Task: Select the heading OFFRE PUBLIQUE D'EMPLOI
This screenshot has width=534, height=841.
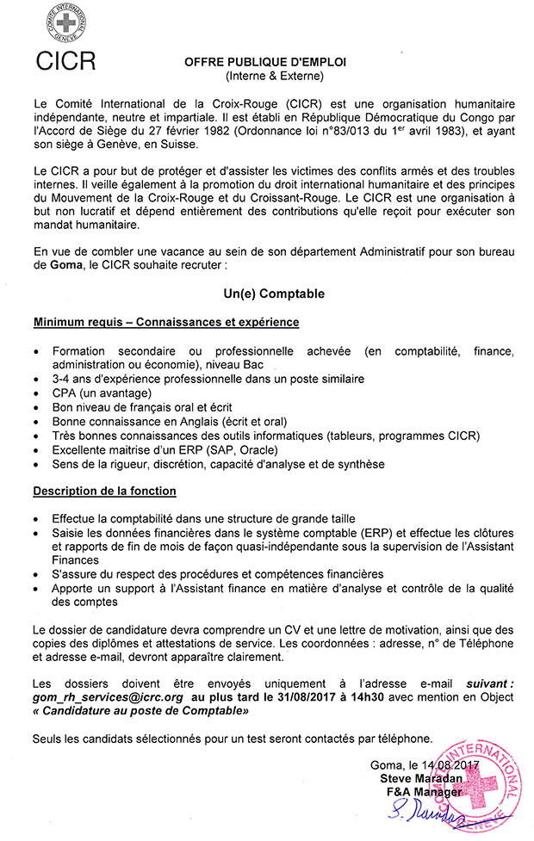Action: pyautogui.click(x=269, y=63)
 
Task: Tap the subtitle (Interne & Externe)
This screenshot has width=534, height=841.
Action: pyautogui.click(x=269, y=77)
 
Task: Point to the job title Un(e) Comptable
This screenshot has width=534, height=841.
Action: pyautogui.click(x=269, y=294)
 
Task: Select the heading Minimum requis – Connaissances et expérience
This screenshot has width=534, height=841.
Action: pyautogui.click(x=166, y=322)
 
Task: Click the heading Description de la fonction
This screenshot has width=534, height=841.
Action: pyautogui.click(x=104, y=491)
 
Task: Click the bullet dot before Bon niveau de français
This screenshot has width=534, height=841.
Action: pyautogui.click(x=34, y=407)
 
